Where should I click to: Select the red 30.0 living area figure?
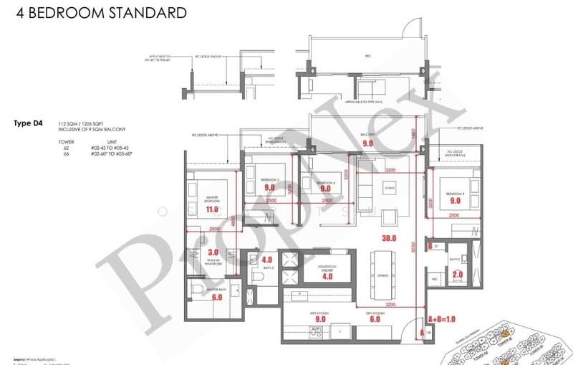389,238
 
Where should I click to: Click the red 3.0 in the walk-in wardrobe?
213,252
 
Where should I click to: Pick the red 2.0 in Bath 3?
458,274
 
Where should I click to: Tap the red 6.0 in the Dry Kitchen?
374,321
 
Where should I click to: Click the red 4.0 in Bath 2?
267,260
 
